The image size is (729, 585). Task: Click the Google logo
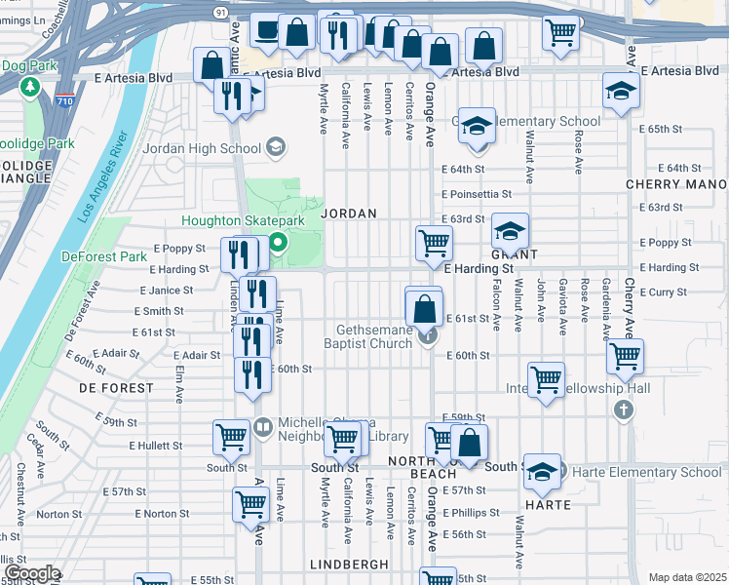(x=32, y=573)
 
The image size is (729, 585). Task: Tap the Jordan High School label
(x=202, y=148)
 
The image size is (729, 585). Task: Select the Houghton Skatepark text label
(x=243, y=221)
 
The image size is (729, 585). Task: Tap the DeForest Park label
(x=107, y=255)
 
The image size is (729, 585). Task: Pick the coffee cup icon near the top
(x=267, y=31)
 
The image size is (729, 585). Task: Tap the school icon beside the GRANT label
(x=510, y=232)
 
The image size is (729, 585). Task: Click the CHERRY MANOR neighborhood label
(x=677, y=184)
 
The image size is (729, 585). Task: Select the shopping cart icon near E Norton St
(x=250, y=504)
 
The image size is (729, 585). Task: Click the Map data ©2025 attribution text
(x=687, y=577)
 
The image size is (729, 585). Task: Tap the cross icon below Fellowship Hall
(x=624, y=410)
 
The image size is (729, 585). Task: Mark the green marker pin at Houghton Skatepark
(x=278, y=243)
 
